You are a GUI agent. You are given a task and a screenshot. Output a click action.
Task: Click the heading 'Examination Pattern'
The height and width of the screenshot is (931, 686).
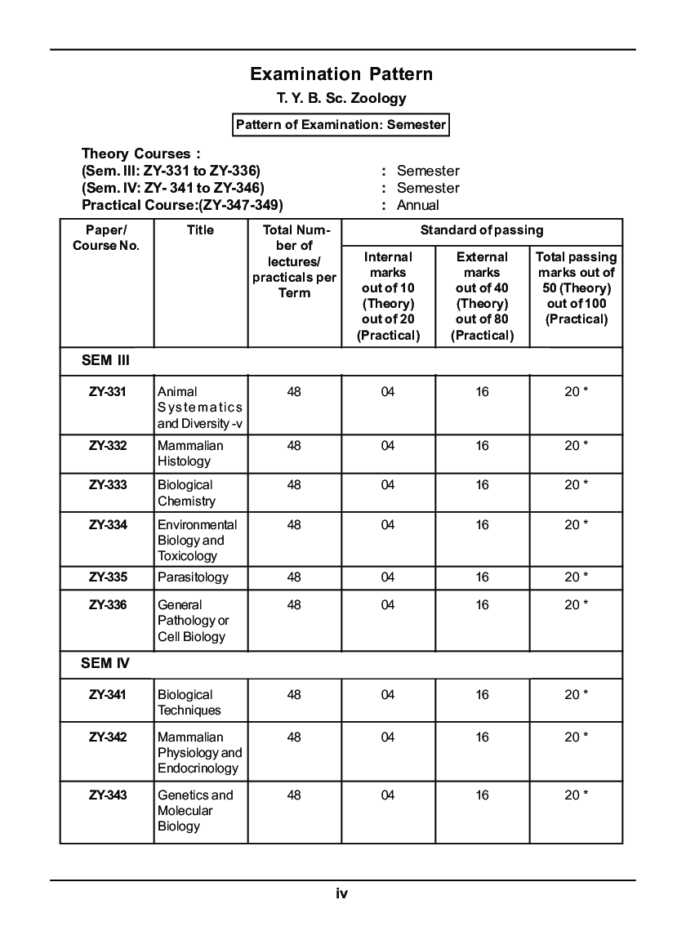(341, 74)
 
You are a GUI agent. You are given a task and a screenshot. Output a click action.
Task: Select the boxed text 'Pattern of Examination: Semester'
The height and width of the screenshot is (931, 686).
(341, 125)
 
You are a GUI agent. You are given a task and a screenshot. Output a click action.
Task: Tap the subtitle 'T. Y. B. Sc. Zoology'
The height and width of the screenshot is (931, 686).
(341, 99)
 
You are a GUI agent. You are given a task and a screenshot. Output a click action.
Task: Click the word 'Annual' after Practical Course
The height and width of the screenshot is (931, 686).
(417, 205)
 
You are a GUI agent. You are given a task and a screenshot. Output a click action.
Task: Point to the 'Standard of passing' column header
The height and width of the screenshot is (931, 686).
(482, 230)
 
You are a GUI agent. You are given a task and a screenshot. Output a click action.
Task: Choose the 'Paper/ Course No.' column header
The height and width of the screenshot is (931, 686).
(106, 238)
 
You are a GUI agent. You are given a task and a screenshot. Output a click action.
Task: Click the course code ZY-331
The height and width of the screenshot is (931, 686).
(108, 392)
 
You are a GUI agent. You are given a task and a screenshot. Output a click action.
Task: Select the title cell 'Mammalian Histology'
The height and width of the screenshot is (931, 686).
(190, 453)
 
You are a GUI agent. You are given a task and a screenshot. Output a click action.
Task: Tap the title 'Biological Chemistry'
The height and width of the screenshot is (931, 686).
(186, 492)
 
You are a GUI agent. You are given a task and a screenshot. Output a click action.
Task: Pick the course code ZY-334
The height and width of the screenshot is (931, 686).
(108, 524)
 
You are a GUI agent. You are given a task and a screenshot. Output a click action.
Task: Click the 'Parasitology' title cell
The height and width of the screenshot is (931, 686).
(193, 577)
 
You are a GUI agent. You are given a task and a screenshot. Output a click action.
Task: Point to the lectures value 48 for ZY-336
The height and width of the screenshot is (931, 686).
(294, 605)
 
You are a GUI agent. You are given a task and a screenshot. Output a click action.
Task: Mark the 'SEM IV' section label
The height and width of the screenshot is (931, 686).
(105, 663)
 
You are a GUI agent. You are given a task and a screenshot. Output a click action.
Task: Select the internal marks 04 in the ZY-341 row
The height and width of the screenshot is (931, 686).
(387, 695)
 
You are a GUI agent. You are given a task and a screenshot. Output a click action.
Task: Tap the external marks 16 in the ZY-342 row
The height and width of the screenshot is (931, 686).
(482, 737)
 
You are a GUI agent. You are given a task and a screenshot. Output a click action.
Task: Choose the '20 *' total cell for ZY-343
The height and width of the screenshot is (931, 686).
(576, 795)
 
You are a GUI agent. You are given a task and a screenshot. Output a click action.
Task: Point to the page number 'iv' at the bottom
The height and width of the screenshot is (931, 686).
(341, 893)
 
